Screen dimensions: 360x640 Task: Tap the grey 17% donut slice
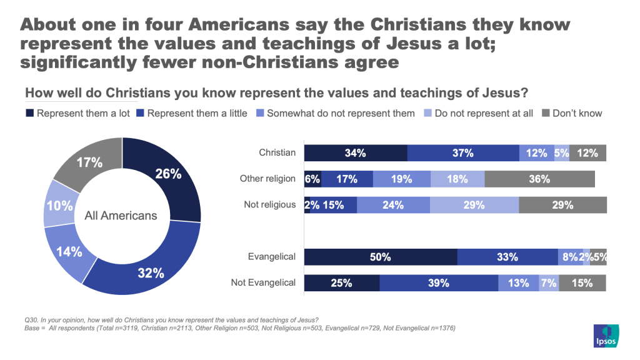click(89, 164)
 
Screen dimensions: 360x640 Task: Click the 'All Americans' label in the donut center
click(121, 216)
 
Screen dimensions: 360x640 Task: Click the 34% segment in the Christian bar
click(356, 153)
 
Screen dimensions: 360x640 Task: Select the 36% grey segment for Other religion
click(539, 179)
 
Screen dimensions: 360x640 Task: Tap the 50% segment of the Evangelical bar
click(380, 257)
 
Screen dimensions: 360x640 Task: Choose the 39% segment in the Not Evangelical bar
click(439, 282)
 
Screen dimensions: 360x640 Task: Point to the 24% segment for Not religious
click(393, 205)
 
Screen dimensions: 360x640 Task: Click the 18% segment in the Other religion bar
click(457, 179)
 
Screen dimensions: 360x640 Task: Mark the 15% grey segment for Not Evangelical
click(582, 282)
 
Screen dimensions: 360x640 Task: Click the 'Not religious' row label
click(269, 204)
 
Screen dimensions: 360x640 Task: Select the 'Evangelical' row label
click(272, 256)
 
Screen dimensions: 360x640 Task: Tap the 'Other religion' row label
click(267, 179)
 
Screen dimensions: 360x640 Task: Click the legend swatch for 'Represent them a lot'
click(29, 113)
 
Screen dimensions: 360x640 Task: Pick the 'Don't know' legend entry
click(576, 113)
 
